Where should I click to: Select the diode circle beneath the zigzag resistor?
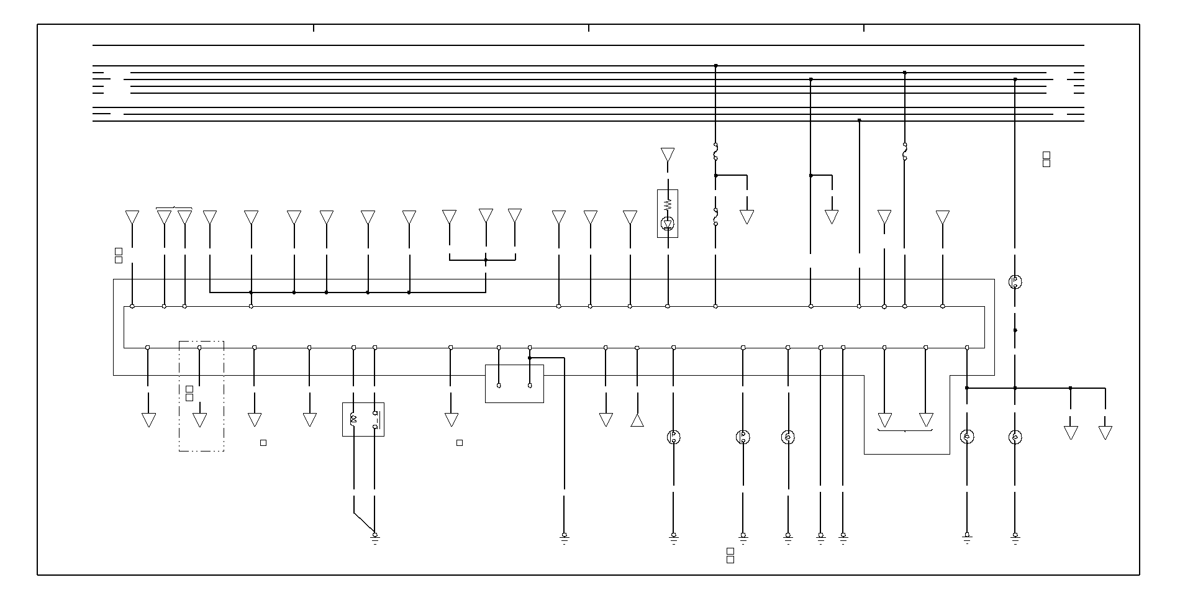tap(668, 223)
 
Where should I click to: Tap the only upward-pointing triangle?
tap(637, 420)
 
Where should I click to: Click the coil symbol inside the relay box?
tap(353, 420)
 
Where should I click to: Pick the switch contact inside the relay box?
tap(375, 420)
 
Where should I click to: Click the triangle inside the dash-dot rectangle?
tap(199, 420)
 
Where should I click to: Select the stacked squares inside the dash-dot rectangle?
tap(189, 393)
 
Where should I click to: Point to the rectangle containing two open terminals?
tap(514, 383)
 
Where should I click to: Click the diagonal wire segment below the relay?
tap(364, 523)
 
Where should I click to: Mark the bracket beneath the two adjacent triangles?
tap(905, 430)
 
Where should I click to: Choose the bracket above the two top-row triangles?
tap(174, 207)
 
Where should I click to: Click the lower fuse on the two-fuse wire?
tap(715, 217)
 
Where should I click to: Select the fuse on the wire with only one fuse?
tap(904, 151)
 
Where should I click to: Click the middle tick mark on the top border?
tap(589, 28)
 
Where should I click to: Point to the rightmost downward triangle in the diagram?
tap(1105, 432)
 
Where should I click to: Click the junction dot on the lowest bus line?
tap(859, 120)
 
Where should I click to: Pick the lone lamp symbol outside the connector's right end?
tap(1015, 282)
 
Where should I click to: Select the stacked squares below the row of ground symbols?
tap(730, 555)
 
